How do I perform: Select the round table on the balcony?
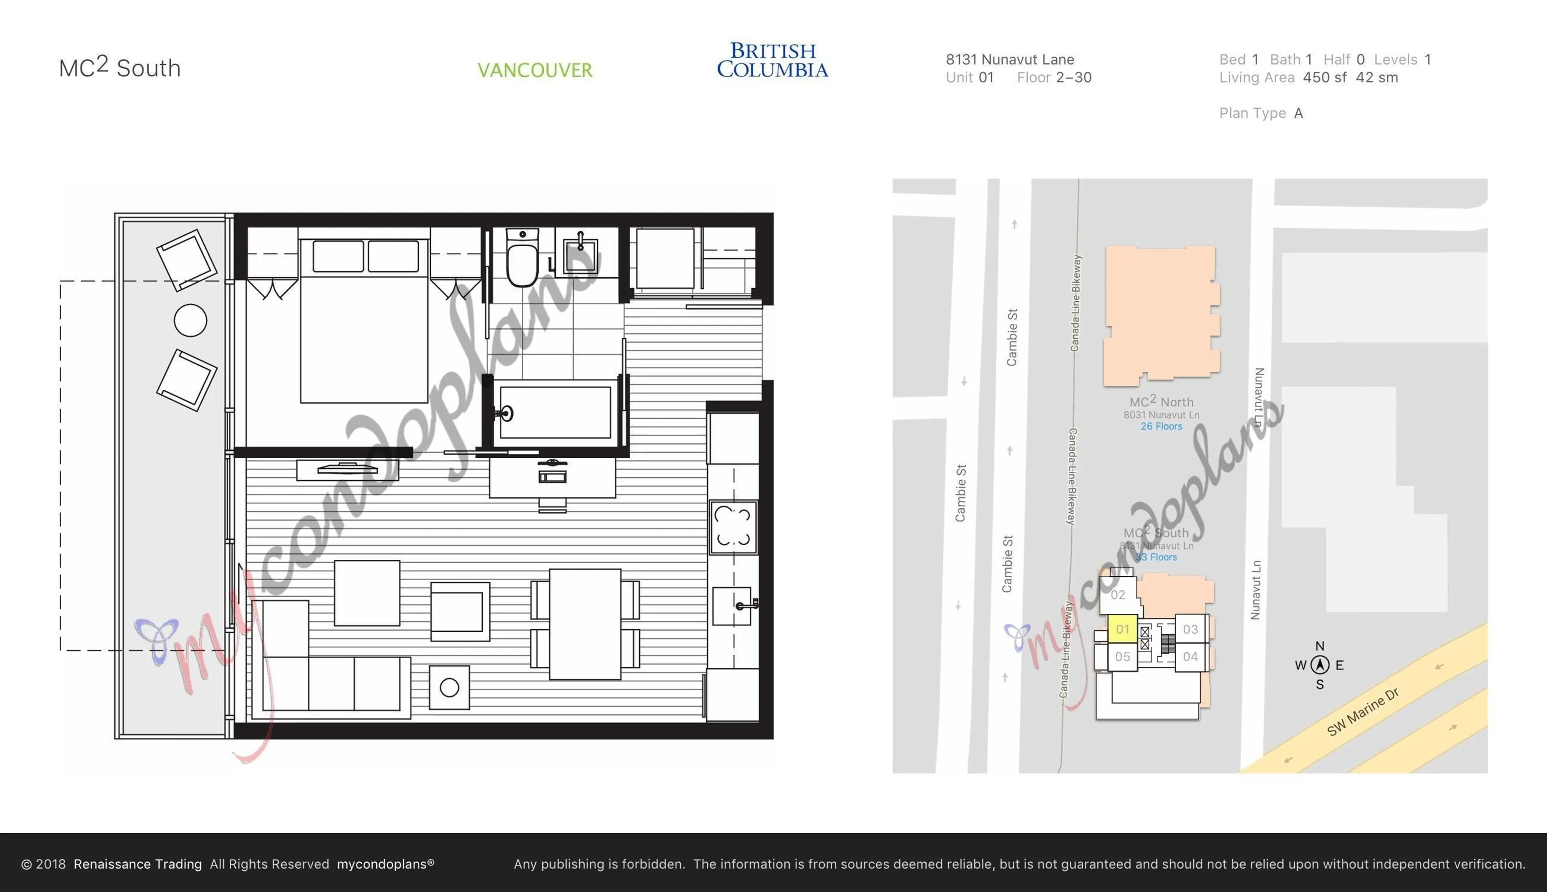tap(191, 321)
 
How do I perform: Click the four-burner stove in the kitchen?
tap(733, 527)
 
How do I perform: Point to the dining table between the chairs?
tap(585, 624)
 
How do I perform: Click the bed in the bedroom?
tap(364, 331)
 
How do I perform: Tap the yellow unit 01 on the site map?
tap(1122, 629)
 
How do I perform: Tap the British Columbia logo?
tap(773, 60)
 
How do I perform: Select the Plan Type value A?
tap(1298, 113)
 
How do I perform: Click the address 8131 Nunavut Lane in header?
tap(1010, 60)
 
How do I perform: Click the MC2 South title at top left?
tap(120, 67)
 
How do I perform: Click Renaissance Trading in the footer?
tap(137, 864)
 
